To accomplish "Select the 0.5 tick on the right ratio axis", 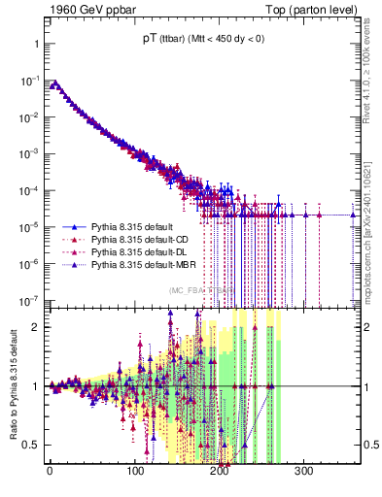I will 369,446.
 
